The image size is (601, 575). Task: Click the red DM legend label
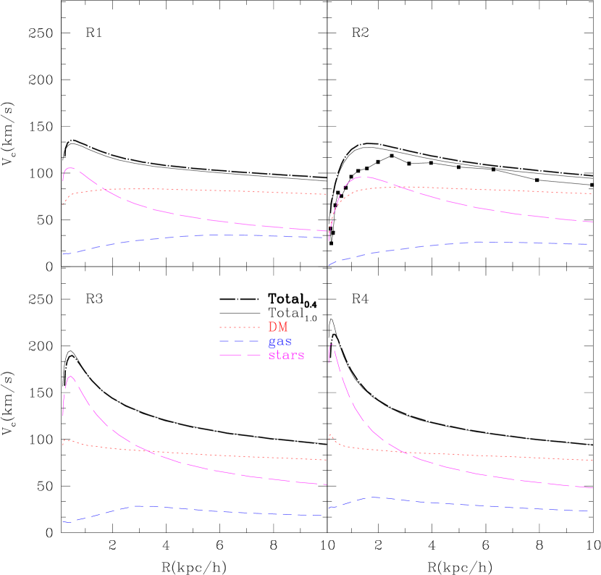(x=278, y=327)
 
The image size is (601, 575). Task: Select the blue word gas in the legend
(x=280, y=341)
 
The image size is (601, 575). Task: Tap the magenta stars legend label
(x=286, y=355)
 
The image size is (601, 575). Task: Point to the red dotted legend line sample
(x=239, y=327)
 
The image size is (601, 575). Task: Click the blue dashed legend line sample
(x=239, y=341)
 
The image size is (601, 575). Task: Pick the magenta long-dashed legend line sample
(x=239, y=355)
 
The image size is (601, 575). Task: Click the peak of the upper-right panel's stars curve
(x=366, y=177)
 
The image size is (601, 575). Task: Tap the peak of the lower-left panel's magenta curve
(x=71, y=377)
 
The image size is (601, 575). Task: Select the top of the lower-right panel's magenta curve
(x=332, y=345)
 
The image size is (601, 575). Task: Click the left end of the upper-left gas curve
(x=64, y=253)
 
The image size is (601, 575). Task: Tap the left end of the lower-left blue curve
(x=64, y=521)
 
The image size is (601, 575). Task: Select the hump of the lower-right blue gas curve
(x=374, y=498)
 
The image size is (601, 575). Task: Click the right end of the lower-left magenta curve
(x=327, y=484)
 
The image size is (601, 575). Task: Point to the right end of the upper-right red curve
(x=592, y=194)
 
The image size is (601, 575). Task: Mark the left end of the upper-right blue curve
(x=329, y=265)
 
